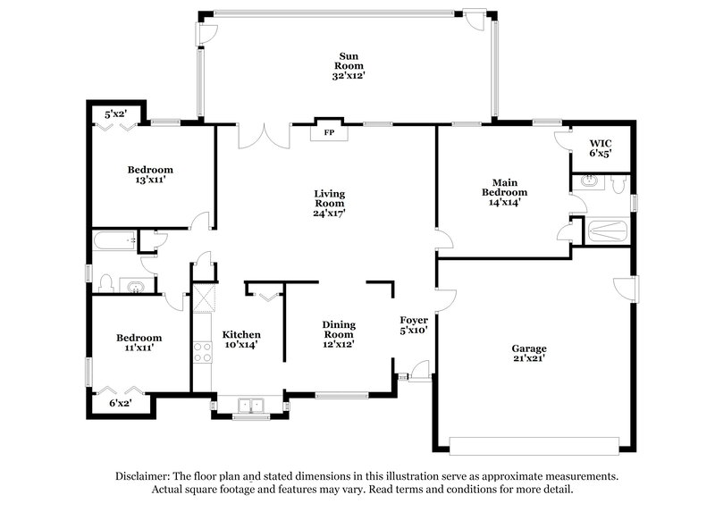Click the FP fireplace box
328,132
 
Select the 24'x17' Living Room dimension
329,214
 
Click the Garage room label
529,348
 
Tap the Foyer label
413,319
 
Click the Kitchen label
241,334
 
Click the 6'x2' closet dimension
119,404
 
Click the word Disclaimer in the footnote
145,476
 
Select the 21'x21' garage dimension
529,359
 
